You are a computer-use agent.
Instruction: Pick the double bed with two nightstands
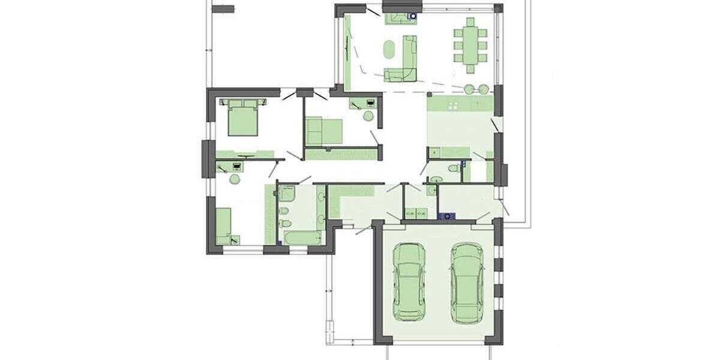tap(243, 116)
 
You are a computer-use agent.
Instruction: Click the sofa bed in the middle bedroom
tap(323, 131)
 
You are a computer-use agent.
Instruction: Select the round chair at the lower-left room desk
tap(235, 178)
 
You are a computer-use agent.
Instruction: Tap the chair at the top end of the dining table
tap(471, 22)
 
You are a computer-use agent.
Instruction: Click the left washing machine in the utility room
tap(410, 213)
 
